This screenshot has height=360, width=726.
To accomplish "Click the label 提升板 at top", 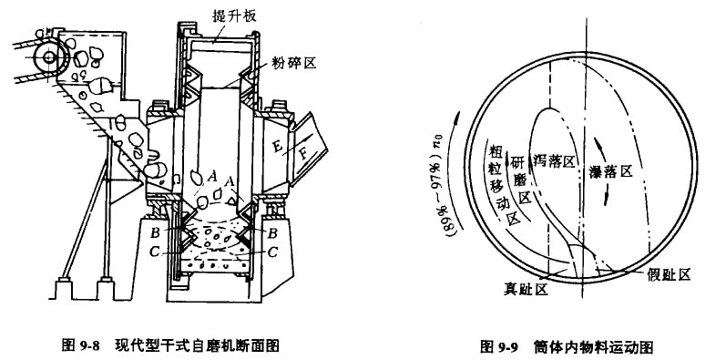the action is [235, 16].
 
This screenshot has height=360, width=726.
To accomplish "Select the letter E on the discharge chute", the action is [277, 146].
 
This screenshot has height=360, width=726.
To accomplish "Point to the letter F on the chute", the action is [303, 152].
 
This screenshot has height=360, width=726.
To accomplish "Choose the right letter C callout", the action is [272, 252].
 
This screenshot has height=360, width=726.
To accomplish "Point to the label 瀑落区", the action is [610, 172].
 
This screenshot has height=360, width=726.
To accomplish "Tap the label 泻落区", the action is [553, 160].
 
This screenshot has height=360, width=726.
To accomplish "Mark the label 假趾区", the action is [669, 274].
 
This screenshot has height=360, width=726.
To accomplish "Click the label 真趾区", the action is [526, 290].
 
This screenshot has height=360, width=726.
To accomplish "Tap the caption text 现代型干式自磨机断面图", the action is [197, 345].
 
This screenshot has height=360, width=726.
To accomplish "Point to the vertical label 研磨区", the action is [518, 180].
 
